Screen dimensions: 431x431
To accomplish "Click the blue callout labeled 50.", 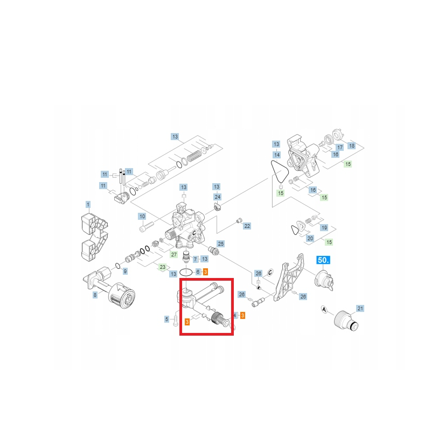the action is [323, 260].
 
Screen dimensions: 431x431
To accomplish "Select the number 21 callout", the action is [360, 308].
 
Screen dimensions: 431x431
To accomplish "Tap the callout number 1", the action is [88, 205].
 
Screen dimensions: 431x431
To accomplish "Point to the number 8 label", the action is [95, 295].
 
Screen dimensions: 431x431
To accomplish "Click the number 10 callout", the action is [142, 217].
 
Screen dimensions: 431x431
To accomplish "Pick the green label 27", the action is [173, 254].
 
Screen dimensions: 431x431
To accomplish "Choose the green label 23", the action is [163, 267].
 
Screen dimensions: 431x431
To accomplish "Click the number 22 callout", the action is [247, 226].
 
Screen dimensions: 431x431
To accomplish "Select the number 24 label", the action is [218, 197].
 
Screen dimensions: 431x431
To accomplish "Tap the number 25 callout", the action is [221, 244].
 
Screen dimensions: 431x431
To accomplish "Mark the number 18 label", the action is [352, 145].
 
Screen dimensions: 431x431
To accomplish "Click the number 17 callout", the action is [340, 147].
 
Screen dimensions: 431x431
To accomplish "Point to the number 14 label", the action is [277, 155].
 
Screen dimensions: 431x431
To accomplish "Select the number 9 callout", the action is [125, 272].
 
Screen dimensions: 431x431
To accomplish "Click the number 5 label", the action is [166, 319].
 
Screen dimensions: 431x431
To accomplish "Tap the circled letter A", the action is [324, 310].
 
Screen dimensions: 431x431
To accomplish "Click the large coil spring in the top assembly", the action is [194, 156].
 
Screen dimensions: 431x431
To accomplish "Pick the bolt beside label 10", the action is [146, 227].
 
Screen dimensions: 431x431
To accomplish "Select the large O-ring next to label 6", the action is [186, 273].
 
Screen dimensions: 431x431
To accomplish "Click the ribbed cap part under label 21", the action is [346, 321].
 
